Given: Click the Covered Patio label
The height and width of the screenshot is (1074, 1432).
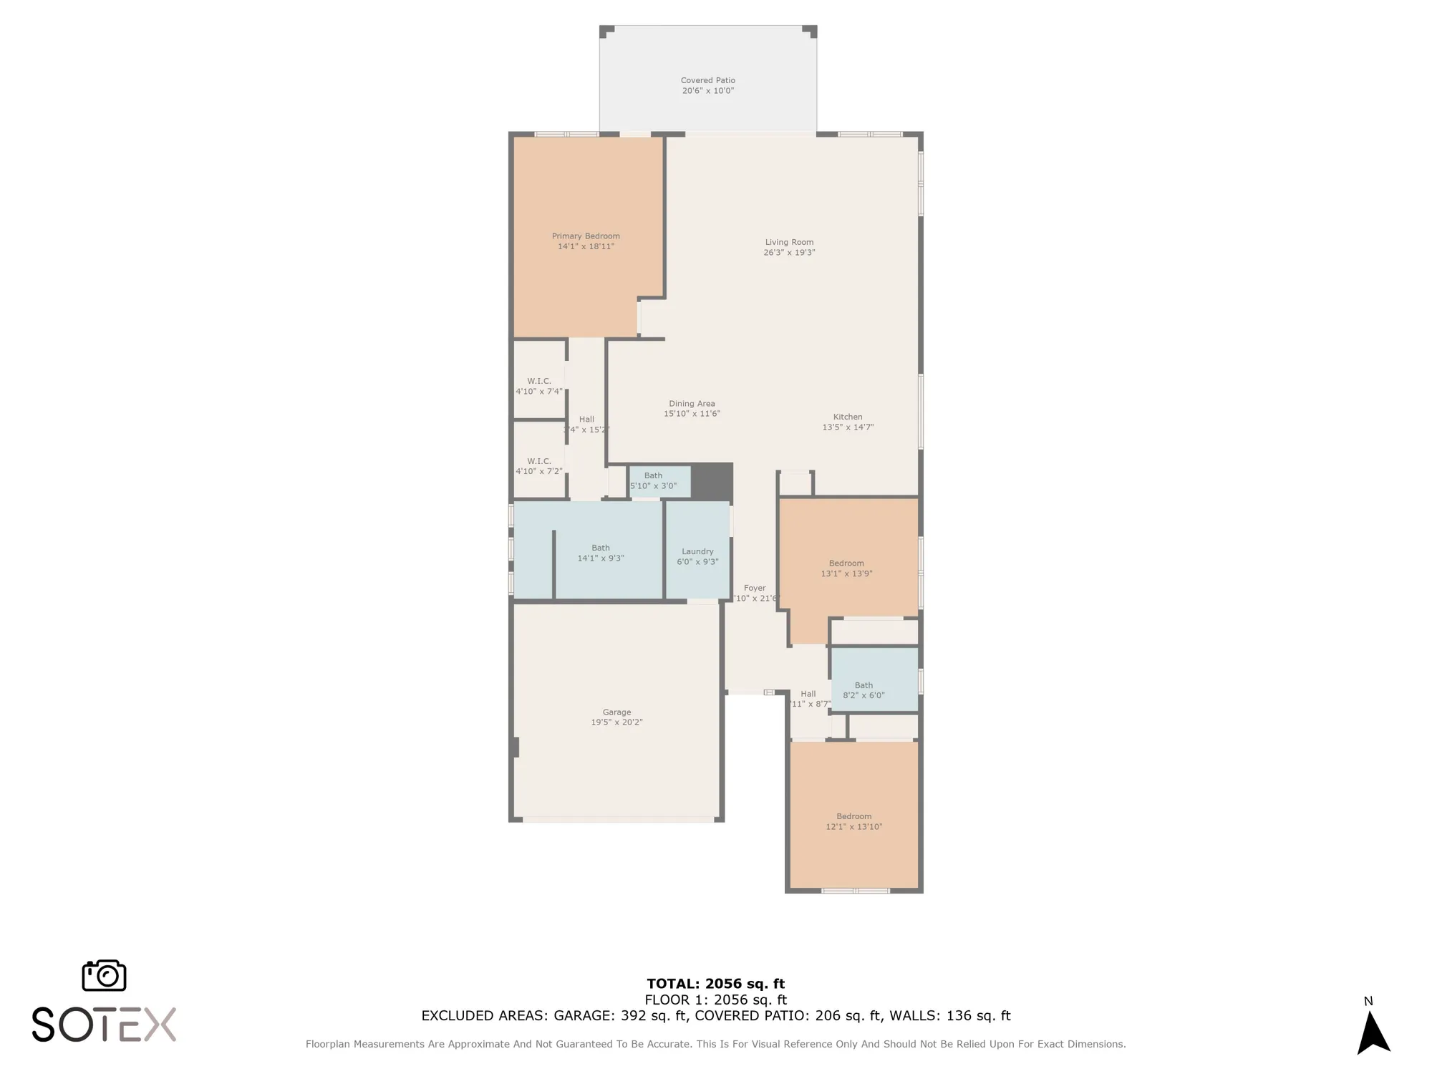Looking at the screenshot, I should pyautogui.click(x=707, y=81).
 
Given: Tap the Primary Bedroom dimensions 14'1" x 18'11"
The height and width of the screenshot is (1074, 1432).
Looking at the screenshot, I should pyautogui.click(x=586, y=246).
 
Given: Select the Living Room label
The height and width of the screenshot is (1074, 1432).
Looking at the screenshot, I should pyautogui.click(x=789, y=242).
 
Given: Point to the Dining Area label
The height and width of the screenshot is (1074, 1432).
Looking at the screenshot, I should pyautogui.click(x=692, y=404).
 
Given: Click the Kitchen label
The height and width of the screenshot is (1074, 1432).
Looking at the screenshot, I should pyautogui.click(x=848, y=417).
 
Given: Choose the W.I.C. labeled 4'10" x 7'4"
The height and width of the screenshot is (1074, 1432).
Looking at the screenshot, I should pyautogui.click(x=539, y=386).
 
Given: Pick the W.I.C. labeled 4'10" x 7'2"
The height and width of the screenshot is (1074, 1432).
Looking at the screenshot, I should pyautogui.click(x=539, y=466).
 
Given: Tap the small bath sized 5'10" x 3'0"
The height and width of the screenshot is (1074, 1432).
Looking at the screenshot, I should pyautogui.click(x=653, y=480).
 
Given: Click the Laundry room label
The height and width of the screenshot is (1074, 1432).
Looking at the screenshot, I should pyautogui.click(x=697, y=551).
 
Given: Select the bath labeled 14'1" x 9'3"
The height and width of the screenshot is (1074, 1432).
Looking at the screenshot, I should pyautogui.click(x=601, y=553).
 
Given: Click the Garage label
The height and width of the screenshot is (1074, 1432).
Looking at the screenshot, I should pyautogui.click(x=616, y=712).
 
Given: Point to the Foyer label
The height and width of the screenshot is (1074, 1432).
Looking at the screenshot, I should pyautogui.click(x=755, y=588).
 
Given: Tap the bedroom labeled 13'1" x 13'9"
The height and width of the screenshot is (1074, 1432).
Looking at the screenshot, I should pyautogui.click(x=846, y=569).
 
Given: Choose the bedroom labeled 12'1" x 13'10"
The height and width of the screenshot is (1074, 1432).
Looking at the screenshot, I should pyautogui.click(x=853, y=821).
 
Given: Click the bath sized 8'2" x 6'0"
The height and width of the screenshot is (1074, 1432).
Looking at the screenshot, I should pyautogui.click(x=863, y=690).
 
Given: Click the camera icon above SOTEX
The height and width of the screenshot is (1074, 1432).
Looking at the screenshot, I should pyautogui.click(x=105, y=976).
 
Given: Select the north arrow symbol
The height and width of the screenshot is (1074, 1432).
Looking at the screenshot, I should pyautogui.click(x=1373, y=1032).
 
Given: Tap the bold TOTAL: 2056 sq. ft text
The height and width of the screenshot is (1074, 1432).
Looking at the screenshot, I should pyautogui.click(x=715, y=984).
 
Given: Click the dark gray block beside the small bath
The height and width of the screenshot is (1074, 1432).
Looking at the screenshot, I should pyautogui.click(x=712, y=481).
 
